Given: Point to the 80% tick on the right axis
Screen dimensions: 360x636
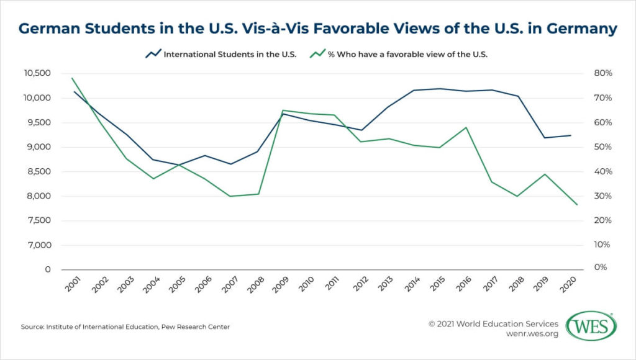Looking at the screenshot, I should pos(602,73).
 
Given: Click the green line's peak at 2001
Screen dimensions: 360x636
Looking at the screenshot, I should pos(73,78).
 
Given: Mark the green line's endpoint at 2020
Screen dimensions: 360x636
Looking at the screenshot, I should pos(577,205).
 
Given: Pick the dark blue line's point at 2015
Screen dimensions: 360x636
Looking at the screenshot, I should pos(439,88).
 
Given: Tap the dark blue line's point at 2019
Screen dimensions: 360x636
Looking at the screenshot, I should pos(545,138).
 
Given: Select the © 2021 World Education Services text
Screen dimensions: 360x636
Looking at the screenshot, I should pos(494,323).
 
